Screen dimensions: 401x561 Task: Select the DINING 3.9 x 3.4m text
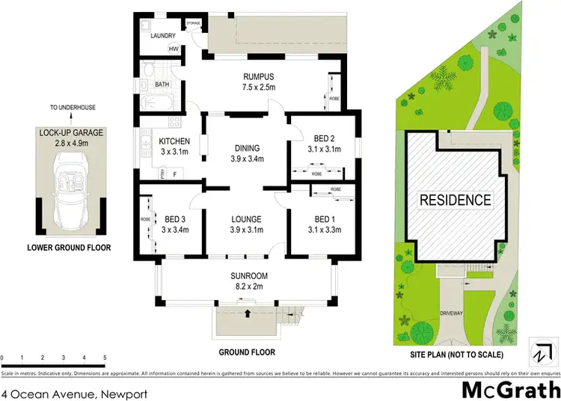(x=248, y=153)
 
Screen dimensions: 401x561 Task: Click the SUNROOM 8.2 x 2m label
(x=249, y=280)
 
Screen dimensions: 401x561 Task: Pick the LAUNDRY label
(x=163, y=36)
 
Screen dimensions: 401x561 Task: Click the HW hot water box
(x=173, y=49)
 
